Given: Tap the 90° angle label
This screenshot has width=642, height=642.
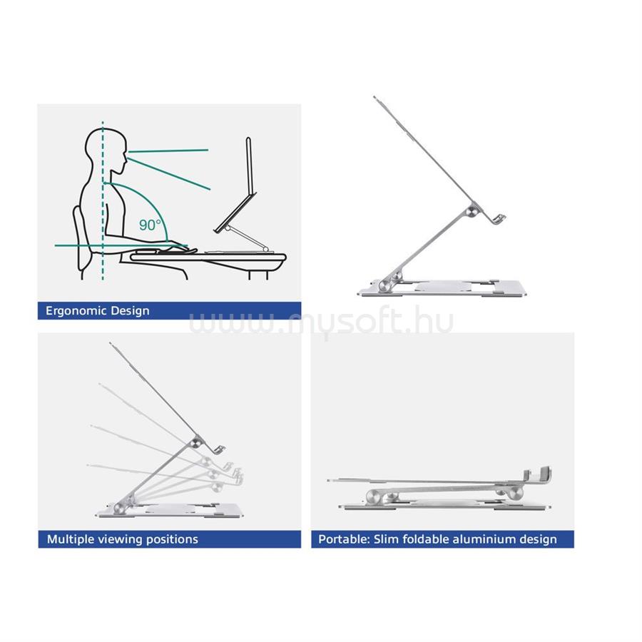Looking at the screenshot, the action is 150,225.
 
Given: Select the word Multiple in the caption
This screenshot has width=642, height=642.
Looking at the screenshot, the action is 70,539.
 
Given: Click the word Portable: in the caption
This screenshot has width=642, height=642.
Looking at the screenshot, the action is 344,539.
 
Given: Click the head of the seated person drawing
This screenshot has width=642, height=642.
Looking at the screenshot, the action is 106,150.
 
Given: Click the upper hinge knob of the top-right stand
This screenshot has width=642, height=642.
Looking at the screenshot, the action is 472,211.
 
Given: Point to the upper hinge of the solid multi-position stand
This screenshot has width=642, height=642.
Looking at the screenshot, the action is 197,442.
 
